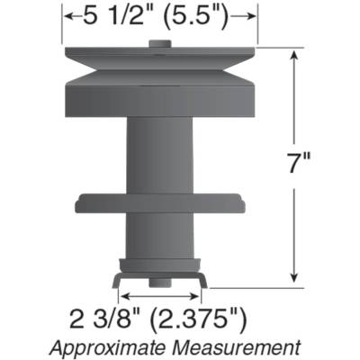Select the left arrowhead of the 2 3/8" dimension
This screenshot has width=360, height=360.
(123, 294)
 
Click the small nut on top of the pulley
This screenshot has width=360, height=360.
(160, 45)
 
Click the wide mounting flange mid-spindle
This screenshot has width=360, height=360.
(160, 202)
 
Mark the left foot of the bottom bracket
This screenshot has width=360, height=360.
(117, 281)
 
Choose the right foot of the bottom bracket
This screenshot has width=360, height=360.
(203, 281)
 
